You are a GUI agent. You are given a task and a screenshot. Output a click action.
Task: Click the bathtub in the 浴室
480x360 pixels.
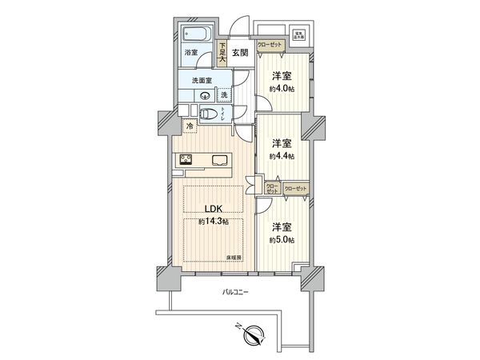coord(196,35)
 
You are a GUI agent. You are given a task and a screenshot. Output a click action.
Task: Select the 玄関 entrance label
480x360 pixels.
coord(239,53)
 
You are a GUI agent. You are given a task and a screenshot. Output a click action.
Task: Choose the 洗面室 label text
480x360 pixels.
coord(201,81)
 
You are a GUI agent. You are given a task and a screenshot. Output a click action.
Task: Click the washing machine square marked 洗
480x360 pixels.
coord(224,94)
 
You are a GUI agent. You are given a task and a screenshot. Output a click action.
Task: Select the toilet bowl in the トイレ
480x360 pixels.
coord(206,114)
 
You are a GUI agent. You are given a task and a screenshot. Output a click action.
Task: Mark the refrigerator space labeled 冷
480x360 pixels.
coord(190,126)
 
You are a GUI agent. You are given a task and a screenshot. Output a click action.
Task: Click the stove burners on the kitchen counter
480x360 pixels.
coord(186,158)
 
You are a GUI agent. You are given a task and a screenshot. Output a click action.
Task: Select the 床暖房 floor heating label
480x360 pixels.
coord(233,258)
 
